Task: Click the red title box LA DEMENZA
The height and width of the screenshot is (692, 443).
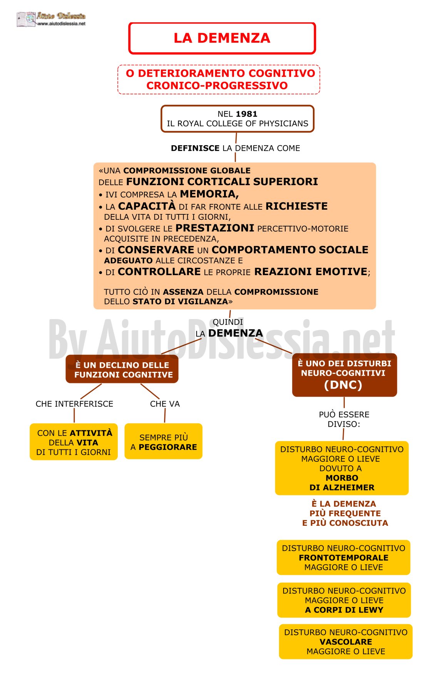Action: pyautogui.click(x=222, y=38)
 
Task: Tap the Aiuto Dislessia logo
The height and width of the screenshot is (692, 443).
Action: pyautogui.click(x=51, y=19)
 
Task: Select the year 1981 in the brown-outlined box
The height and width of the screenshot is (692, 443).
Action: pyautogui.click(x=246, y=114)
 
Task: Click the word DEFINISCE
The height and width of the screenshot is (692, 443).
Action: pyautogui.click(x=195, y=148)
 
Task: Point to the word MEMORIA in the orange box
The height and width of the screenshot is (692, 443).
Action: pyautogui.click(x=209, y=194)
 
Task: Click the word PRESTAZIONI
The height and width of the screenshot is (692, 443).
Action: pyautogui.click(x=215, y=228)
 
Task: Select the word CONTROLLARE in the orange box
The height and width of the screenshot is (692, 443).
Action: pyautogui.click(x=159, y=272)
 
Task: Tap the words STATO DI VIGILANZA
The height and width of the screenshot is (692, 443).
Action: pyautogui.click(x=181, y=301)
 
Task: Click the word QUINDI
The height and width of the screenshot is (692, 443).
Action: pyautogui.click(x=228, y=322)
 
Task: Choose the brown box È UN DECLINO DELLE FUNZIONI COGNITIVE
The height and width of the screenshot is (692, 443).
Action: pyautogui.click(x=122, y=369)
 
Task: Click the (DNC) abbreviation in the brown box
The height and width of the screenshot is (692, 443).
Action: pyautogui.click(x=343, y=385)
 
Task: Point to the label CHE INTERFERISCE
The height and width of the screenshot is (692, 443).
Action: pyautogui.click(x=74, y=404)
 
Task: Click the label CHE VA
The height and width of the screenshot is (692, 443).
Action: pyautogui.click(x=165, y=404)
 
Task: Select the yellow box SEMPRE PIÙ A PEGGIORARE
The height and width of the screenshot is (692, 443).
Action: pyautogui.click(x=164, y=441)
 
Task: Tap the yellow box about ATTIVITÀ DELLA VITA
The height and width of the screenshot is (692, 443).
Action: pyautogui.click(x=74, y=442)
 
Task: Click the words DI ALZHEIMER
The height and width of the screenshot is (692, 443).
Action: pyautogui.click(x=342, y=488)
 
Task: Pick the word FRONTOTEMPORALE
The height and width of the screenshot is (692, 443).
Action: pyautogui.click(x=344, y=558)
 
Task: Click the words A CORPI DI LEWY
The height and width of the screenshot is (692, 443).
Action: pyautogui.click(x=344, y=610)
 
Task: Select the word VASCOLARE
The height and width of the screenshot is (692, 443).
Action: pyautogui.click(x=346, y=642)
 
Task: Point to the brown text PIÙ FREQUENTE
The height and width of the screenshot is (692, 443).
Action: pyautogui.click(x=345, y=513)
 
